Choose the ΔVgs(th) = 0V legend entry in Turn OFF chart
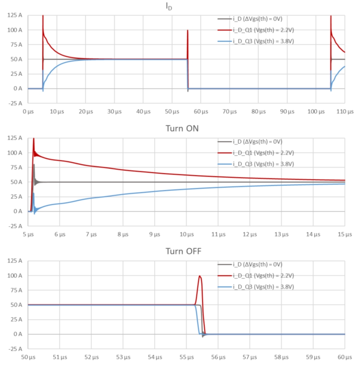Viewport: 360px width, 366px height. [x=257, y=265]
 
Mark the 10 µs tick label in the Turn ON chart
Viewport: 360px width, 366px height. [x=186, y=234]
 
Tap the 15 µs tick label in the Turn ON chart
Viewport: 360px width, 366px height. [x=345, y=234]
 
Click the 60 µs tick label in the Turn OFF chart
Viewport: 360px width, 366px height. [x=345, y=357]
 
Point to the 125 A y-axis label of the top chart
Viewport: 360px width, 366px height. [x=15, y=15]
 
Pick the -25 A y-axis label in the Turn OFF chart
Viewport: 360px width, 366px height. [x=15, y=349]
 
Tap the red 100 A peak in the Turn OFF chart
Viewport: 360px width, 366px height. [x=200, y=276]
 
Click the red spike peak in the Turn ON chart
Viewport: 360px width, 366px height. [x=34, y=139]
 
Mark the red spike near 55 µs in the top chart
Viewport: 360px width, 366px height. [x=188, y=31]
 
